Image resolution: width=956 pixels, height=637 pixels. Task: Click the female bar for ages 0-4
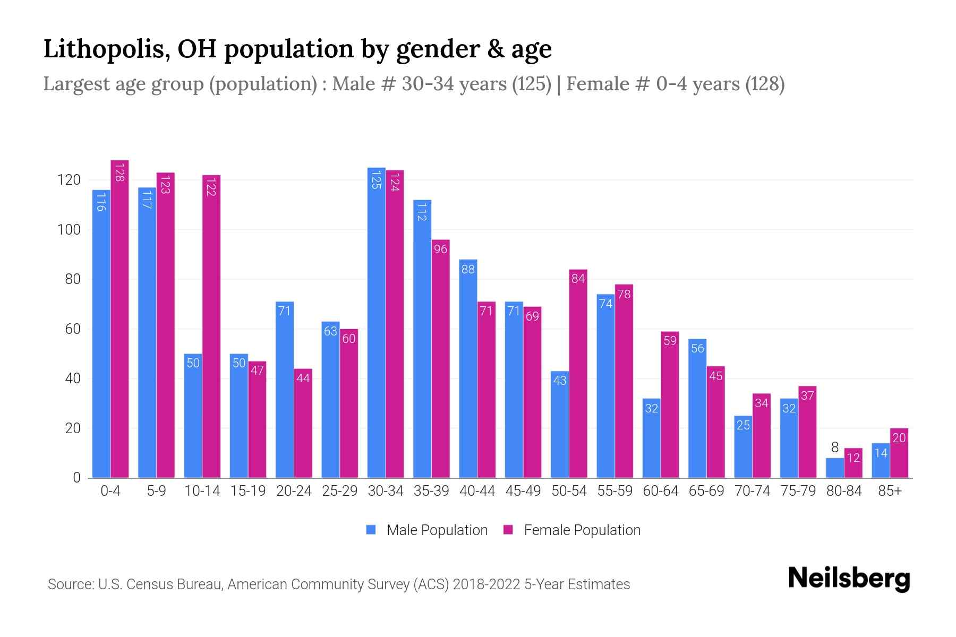(x=119, y=318)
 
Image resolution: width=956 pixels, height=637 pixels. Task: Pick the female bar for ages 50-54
(x=578, y=374)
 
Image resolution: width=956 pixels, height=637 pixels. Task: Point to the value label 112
(x=422, y=212)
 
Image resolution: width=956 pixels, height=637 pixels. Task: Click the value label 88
(x=468, y=269)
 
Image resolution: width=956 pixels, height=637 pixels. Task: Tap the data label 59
(x=670, y=341)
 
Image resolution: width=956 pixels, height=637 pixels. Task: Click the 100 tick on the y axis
(x=69, y=230)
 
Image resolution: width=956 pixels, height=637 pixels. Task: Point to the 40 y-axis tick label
(x=72, y=378)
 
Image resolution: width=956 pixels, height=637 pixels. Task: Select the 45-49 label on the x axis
(x=523, y=491)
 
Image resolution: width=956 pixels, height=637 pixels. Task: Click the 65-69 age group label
(x=706, y=491)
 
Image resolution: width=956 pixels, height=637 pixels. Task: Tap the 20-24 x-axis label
(x=294, y=491)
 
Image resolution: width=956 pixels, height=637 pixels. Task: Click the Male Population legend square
(x=371, y=530)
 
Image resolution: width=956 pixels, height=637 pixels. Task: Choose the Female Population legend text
(x=582, y=530)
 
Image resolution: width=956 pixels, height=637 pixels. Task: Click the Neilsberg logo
(x=849, y=579)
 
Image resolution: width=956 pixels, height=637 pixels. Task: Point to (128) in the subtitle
(x=765, y=84)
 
